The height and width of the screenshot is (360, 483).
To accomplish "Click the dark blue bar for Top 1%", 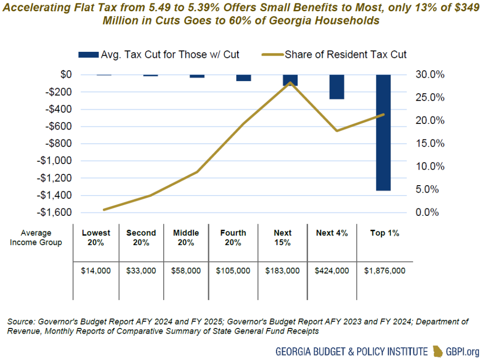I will (383, 132).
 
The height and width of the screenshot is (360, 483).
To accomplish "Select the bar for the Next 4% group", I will (337, 87).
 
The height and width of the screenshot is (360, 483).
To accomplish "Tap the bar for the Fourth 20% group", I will (243, 78).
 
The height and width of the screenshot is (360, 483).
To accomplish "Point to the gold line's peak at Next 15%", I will (290, 83).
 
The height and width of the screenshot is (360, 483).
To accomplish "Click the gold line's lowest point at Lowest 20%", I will (104, 209).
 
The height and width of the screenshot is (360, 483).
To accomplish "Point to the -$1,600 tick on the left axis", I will (56, 213).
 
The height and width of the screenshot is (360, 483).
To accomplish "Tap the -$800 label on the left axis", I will (58, 143).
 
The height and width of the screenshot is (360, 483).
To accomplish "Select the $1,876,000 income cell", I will (384, 271).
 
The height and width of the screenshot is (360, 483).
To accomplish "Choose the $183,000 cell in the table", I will (283, 271).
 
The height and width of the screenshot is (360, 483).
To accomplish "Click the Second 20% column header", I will (141, 237).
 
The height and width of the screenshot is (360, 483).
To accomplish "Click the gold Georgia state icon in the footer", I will (439, 351).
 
